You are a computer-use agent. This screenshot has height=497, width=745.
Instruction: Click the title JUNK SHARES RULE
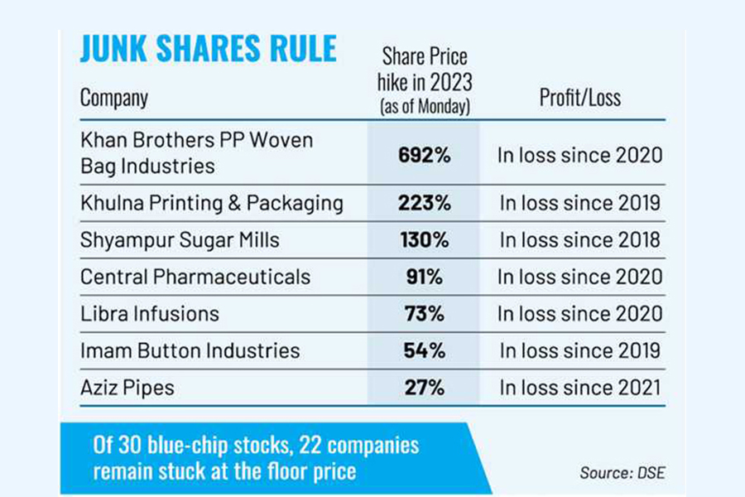(x=208, y=51)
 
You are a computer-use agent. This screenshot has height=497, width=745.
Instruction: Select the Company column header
(x=114, y=98)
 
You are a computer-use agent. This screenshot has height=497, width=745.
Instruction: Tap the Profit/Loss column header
(x=579, y=98)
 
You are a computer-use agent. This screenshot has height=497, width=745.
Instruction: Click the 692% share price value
(x=423, y=154)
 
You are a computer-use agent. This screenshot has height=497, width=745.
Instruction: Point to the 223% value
(x=423, y=204)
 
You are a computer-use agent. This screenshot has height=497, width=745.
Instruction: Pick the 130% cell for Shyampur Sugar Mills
(x=423, y=240)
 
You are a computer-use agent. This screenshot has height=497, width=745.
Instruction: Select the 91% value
(x=423, y=277)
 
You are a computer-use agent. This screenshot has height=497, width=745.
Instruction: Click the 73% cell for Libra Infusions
(x=423, y=313)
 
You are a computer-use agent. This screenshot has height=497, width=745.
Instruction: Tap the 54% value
(x=423, y=350)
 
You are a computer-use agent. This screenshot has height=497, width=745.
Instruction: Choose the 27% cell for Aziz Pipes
(x=423, y=386)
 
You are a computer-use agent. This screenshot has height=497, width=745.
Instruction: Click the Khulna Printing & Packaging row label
(x=211, y=204)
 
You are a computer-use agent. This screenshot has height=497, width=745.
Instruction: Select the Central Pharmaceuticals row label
(x=195, y=277)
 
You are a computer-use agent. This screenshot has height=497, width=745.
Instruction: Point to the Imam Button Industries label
(x=190, y=350)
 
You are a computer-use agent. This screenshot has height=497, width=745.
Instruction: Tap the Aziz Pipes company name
(x=127, y=386)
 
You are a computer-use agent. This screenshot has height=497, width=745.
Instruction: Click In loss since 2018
(x=579, y=240)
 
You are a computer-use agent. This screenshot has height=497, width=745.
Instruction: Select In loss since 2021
(x=579, y=386)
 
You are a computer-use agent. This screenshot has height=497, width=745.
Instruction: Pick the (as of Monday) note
(x=424, y=108)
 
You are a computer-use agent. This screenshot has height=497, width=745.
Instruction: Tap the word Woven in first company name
(x=282, y=141)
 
